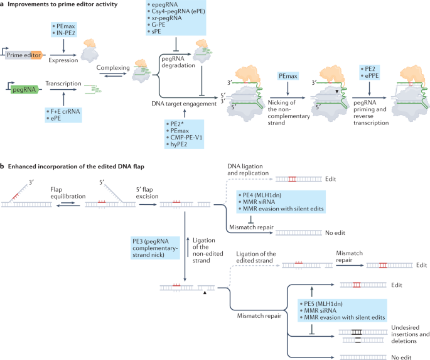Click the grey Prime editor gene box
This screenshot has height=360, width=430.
point(24,55)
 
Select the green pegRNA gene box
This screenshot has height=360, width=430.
point(24,89)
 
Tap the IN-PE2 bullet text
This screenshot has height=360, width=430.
point(65,33)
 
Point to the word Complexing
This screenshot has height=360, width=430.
point(113,67)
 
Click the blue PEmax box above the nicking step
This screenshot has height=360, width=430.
point(288,76)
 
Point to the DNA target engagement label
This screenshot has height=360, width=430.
point(184,104)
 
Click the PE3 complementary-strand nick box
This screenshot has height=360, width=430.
point(155,248)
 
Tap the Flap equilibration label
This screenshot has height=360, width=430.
point(68,193)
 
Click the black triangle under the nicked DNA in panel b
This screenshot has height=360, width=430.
point(205,293)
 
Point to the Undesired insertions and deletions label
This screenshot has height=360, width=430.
point(410,334)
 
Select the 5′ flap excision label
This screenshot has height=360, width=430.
point(148,193)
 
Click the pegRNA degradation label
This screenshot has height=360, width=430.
point(178,62)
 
